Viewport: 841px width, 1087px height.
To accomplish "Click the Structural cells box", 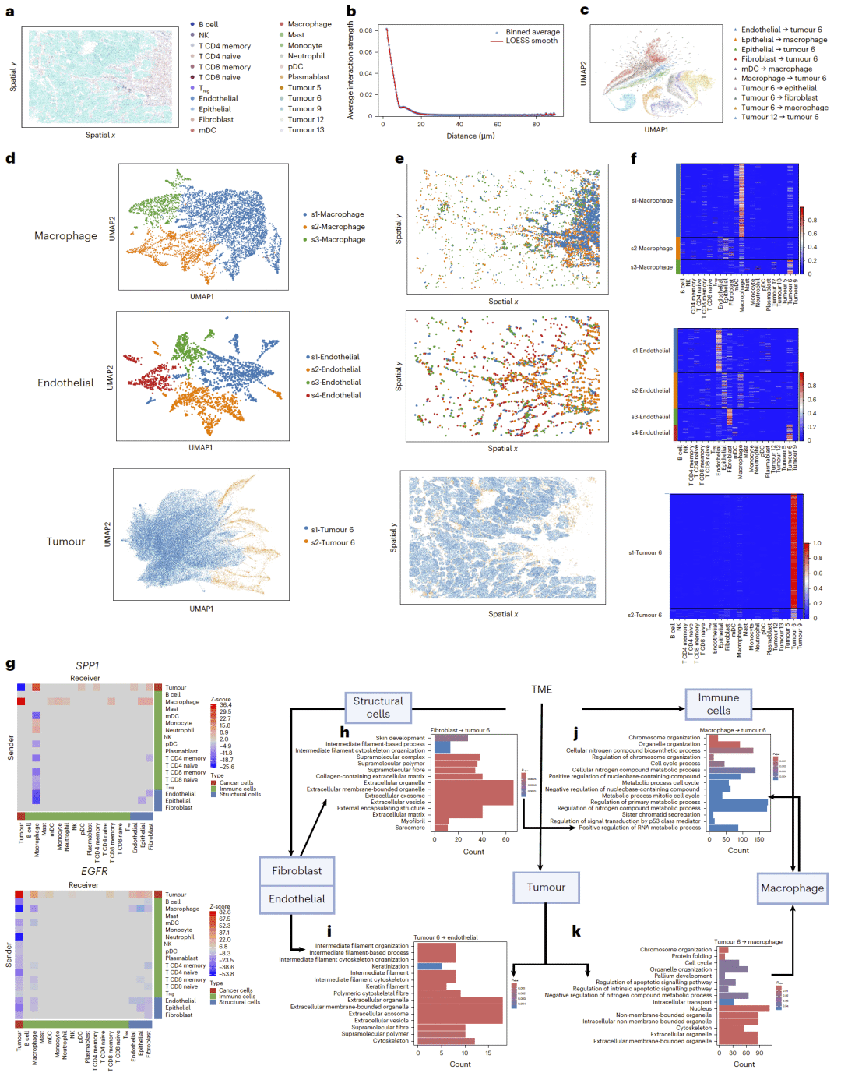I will (x=378, y=708).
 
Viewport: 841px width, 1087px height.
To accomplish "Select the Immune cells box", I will (x=718, y=704).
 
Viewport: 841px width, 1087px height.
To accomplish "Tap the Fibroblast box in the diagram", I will (x=297, y=870).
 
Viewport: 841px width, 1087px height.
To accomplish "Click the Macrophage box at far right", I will (x=792, y=888).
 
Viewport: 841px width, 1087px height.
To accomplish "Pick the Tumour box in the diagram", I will (x=546, y=887).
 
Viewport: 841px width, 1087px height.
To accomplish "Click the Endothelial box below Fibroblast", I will (x=297, y=898).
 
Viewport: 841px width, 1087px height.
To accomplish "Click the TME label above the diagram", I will (x=542, y=690).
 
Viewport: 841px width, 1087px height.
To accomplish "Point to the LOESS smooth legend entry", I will (x=531, y=41).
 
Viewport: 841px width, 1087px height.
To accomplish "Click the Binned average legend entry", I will (x=533, y=32).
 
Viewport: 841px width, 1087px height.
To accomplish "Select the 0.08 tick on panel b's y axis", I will (x=366, y=30).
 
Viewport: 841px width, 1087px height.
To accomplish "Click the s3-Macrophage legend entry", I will (x=338, y=239).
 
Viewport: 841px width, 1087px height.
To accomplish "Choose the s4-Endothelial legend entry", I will (x=336, y=395).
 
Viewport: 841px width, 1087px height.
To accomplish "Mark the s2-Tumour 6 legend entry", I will (x=333, y=542).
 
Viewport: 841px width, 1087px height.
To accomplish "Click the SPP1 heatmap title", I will (x=87, y=665).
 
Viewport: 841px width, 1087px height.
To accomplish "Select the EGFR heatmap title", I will (x=94, y=871).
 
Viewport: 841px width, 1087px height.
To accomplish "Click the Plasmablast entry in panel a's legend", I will (x=308, y=77).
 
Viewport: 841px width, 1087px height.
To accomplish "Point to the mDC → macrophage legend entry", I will (x=776, y=69).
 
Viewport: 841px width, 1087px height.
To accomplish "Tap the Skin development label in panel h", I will (x=400, y=738).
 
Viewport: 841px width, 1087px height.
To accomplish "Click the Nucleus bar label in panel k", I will (x=700, y=1008).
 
